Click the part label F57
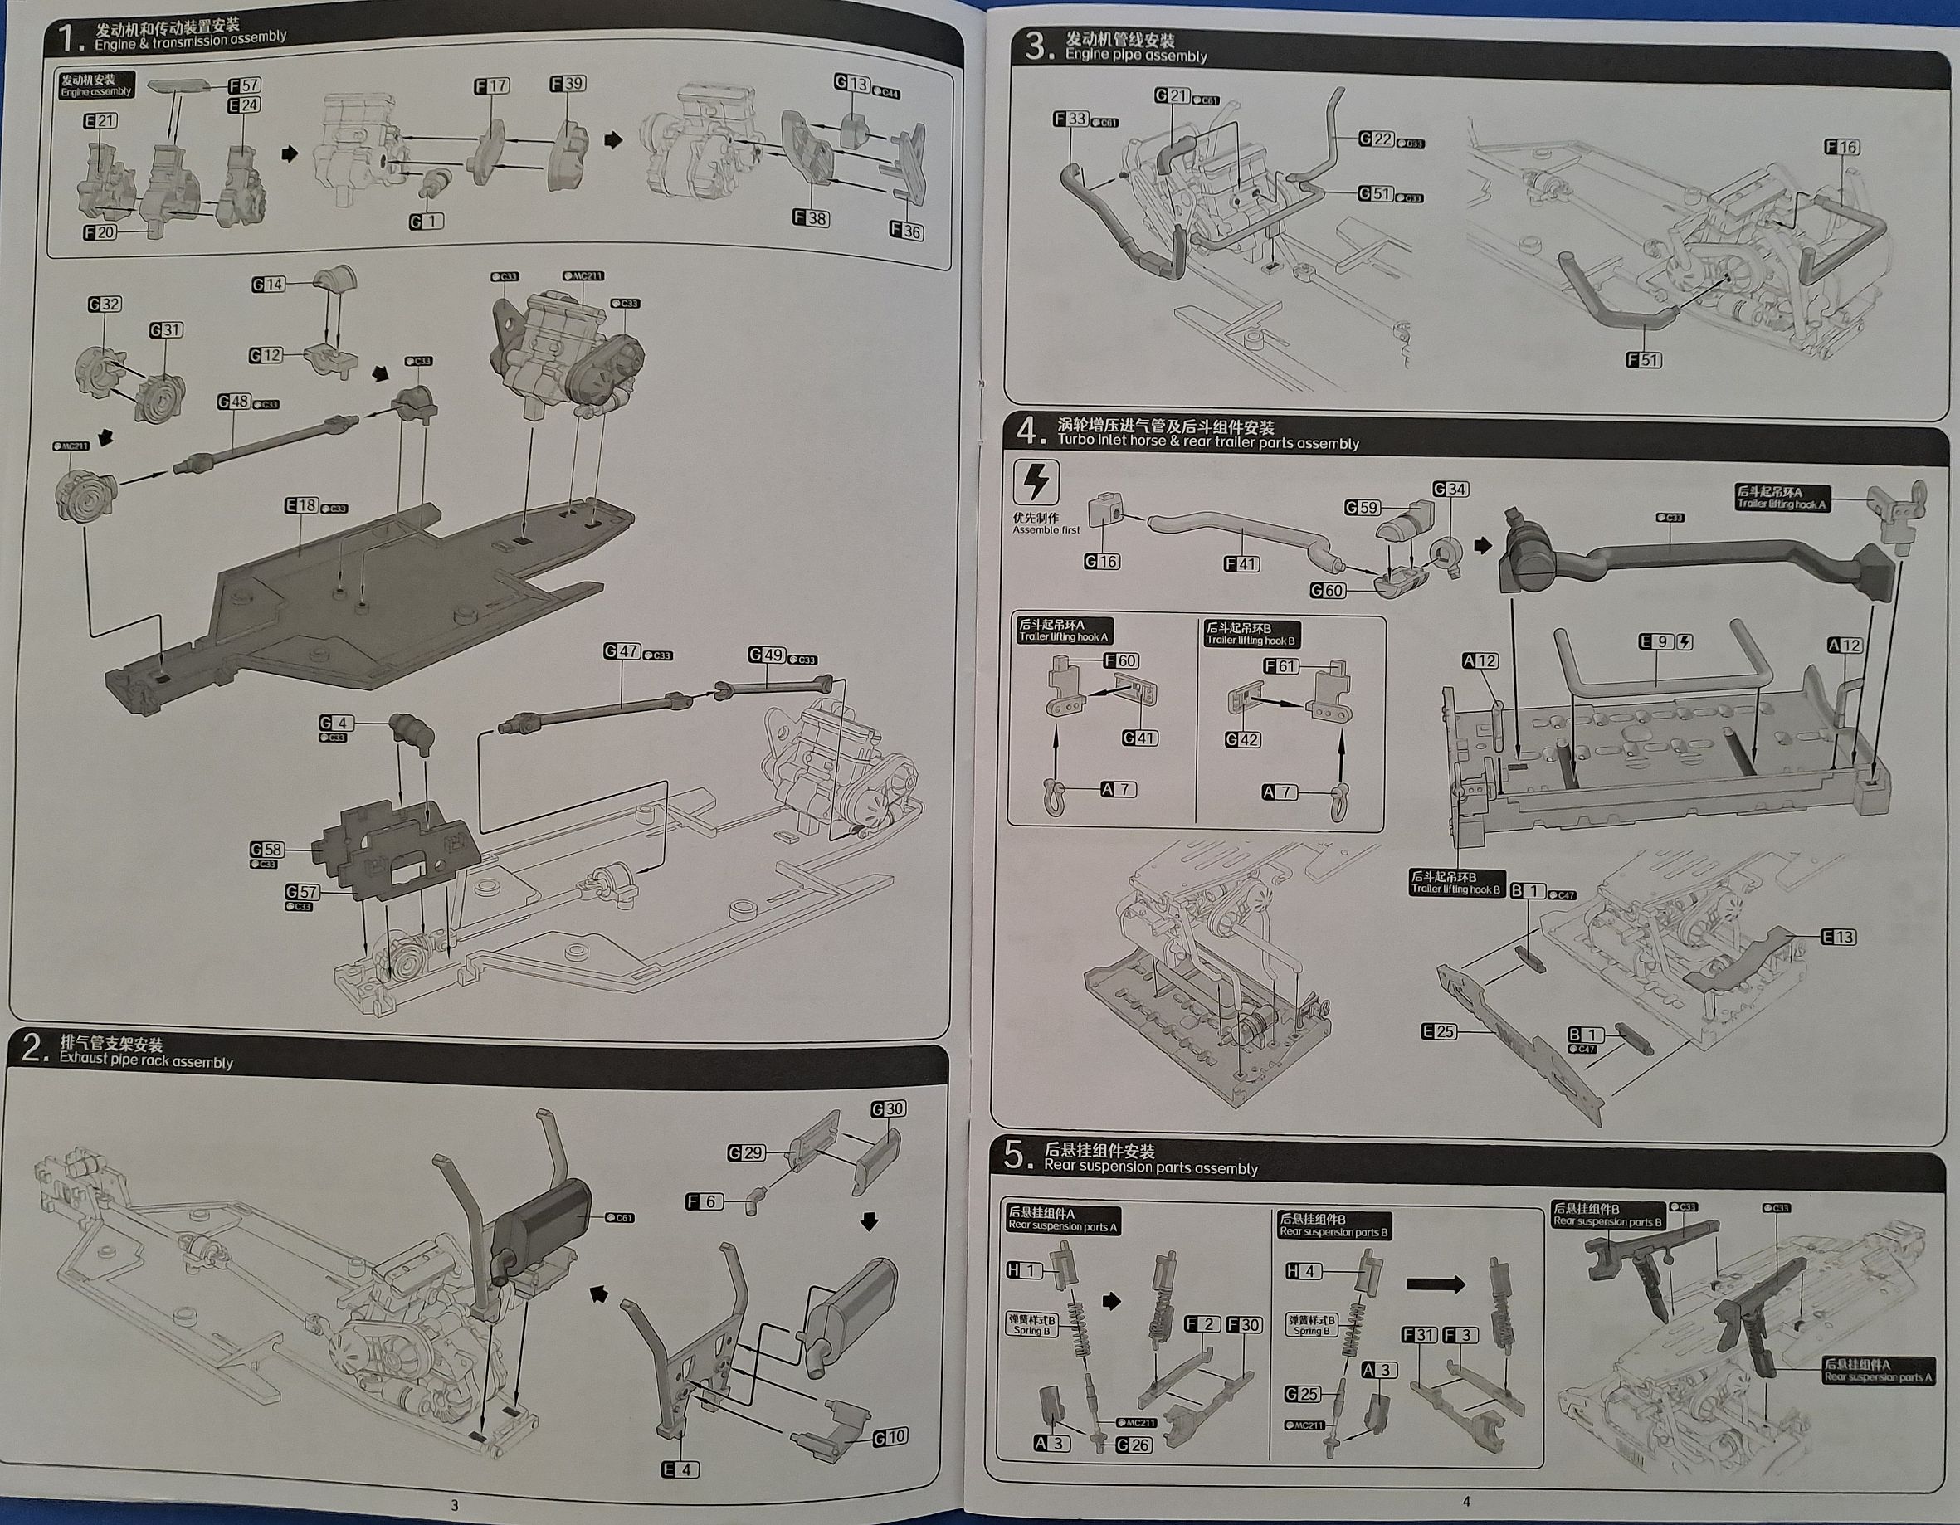pos(244,85)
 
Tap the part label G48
pos(234,402)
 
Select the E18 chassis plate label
pos(302,505)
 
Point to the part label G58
pos(266,849)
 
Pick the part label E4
pos(680,1469)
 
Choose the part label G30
pos(888,1108)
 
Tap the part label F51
pos(1644,360)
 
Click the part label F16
pos(1841,147)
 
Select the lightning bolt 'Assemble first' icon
pos(1035,483)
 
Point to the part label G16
pos(1101,562)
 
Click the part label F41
pos(1241,563)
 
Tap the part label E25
pos(1439,1031)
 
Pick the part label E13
pos(1839,937)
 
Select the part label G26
pos(1134,1445)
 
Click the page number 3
pos(454,1505)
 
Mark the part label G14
pos(267,285)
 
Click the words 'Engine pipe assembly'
pos(1135,56)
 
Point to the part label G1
pos(427,221)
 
